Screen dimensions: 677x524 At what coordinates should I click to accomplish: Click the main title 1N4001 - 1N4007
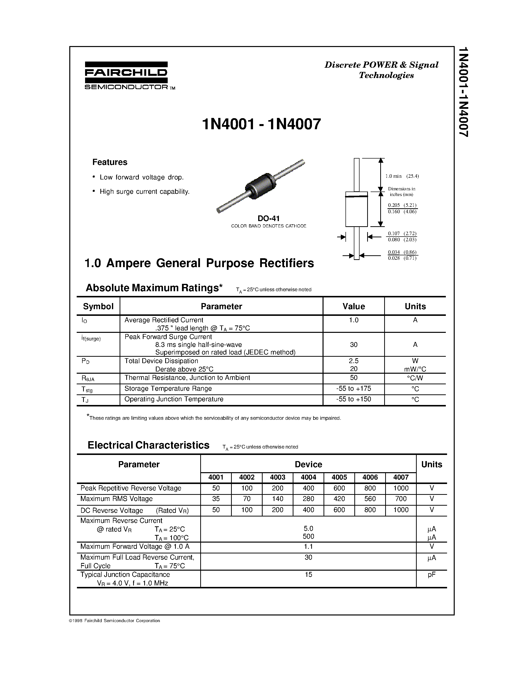pyautogui.click(x=261, y=124)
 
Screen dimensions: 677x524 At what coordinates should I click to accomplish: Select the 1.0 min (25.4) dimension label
pyautogui.click(x=402, y=176)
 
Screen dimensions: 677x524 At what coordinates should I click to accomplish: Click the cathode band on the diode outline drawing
pyautogui.click(x=356, y=196)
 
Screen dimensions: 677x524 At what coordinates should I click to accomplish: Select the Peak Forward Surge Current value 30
pyautogui.click(x=354, y=344)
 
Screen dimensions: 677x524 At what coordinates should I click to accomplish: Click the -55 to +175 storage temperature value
pyautogui.click(x=354, y=388)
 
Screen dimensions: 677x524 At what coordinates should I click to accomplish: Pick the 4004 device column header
pyautogui.click(x=308, y=477)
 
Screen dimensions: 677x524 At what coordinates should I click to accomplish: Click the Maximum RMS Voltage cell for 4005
pyautogui.click(x=339, y=499)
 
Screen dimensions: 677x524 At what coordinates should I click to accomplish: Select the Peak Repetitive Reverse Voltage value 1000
pyautogui.click(x=401, y=488)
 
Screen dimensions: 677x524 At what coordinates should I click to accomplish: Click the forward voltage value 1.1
pyautogui.click(x=308, y=547)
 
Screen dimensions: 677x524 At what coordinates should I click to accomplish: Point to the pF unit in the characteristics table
pyautogui.click(x=432, y=574)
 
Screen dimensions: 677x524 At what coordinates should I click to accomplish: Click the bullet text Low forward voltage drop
pyautogui.click(x=142, y=177)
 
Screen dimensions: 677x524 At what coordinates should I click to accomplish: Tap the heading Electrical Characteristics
pyautogui.click(x=148, y=445)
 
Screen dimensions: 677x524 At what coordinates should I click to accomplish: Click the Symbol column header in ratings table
pyautogui.click(x=98, y=306)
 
